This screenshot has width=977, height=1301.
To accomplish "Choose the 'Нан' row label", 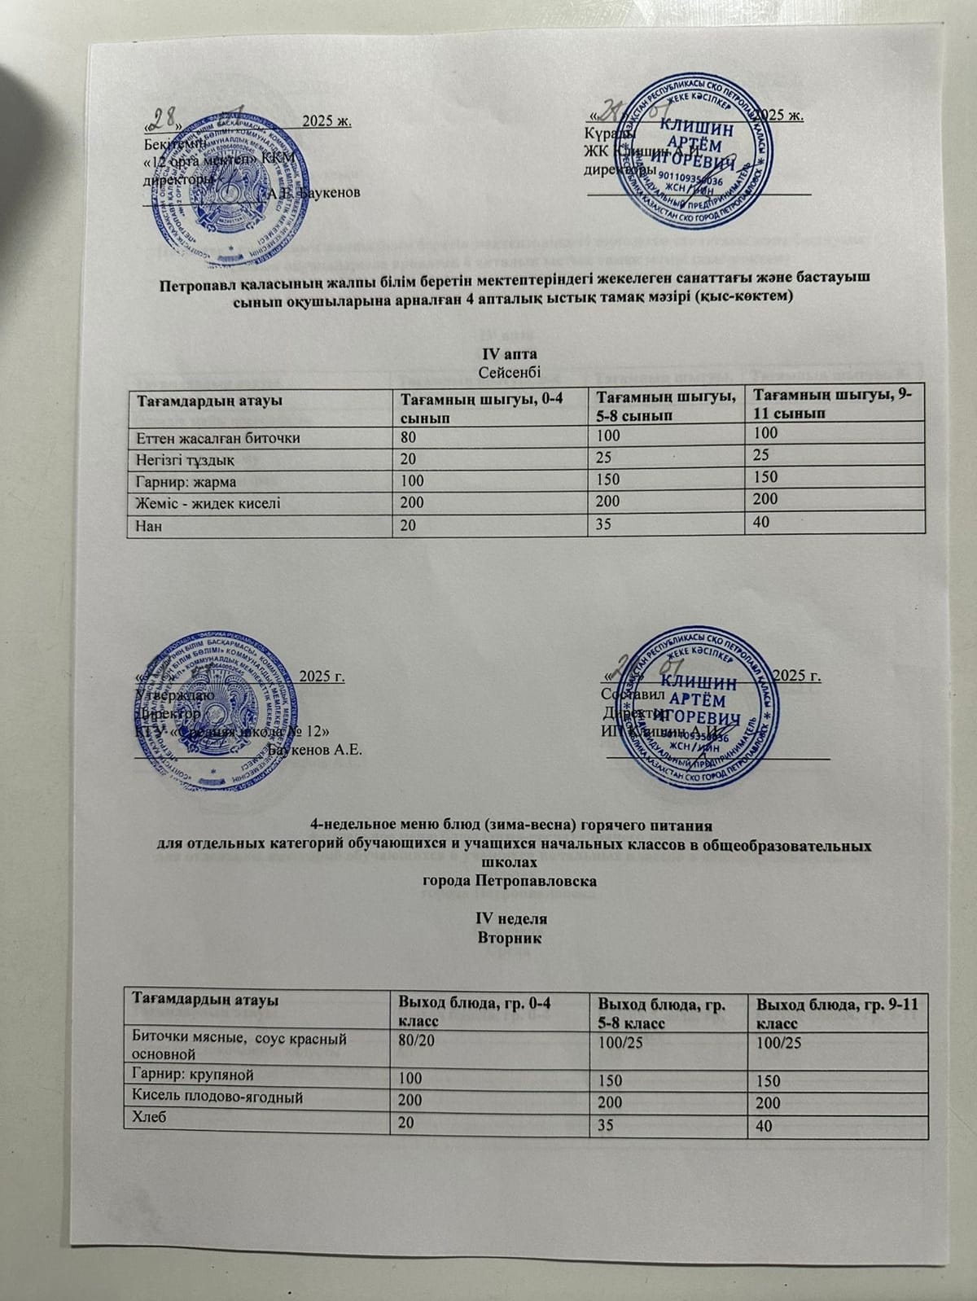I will point(151,525).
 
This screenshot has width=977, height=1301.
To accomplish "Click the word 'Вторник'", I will point(510,938).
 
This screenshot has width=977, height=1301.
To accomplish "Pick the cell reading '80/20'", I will point(418,1041).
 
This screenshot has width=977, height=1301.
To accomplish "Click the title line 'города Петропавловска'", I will point(510,881).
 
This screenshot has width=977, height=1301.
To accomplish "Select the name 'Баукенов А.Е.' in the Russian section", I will point(314,748).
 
